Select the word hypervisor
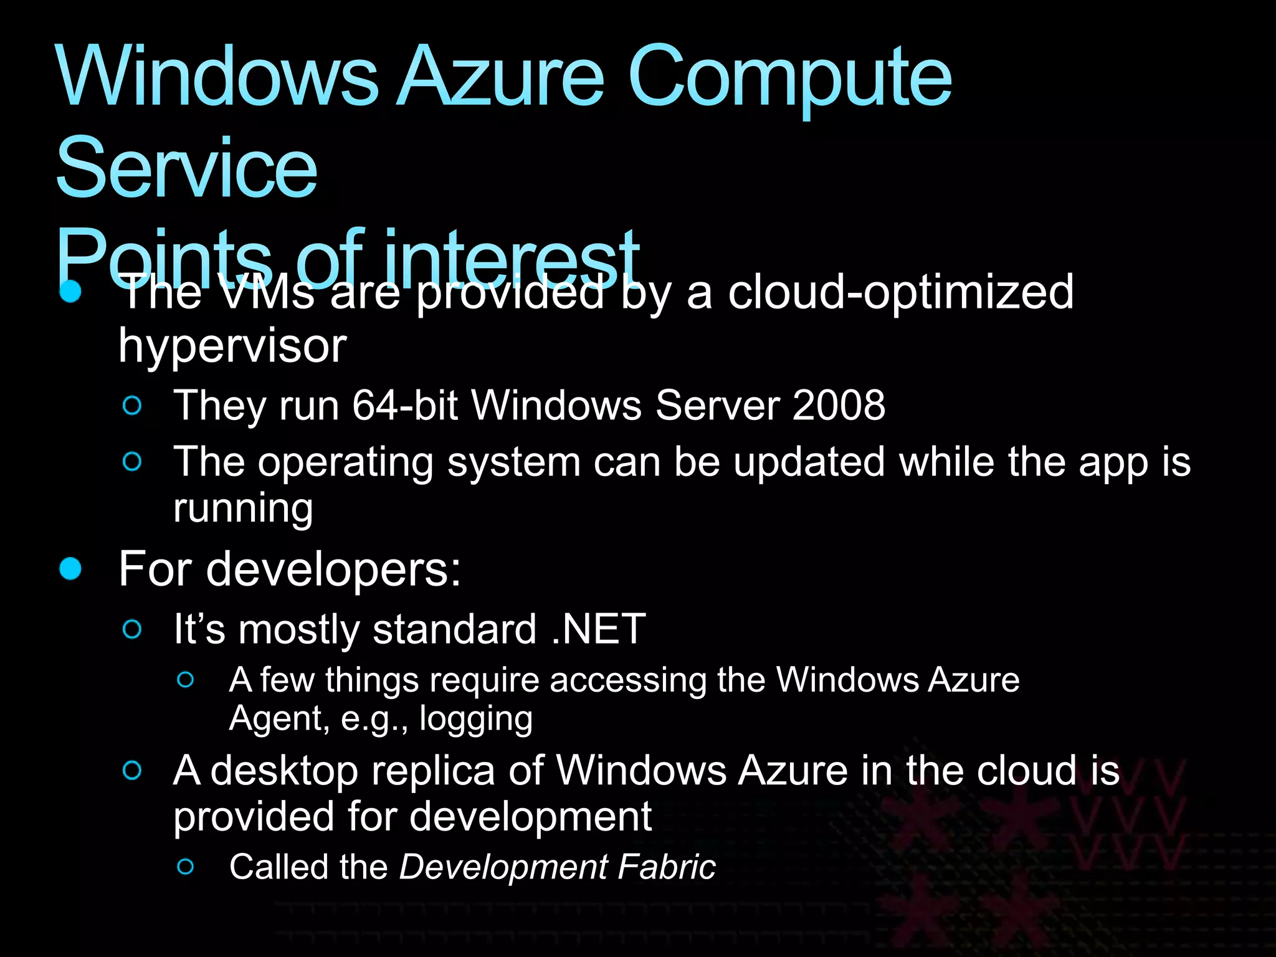232,346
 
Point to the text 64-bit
405,405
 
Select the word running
243,508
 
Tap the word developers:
333,569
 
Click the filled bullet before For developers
70,568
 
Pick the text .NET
599,629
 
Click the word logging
476,718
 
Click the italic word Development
503,867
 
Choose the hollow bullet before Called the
186,866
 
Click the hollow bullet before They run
132,406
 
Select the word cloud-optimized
901,293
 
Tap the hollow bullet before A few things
186,679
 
